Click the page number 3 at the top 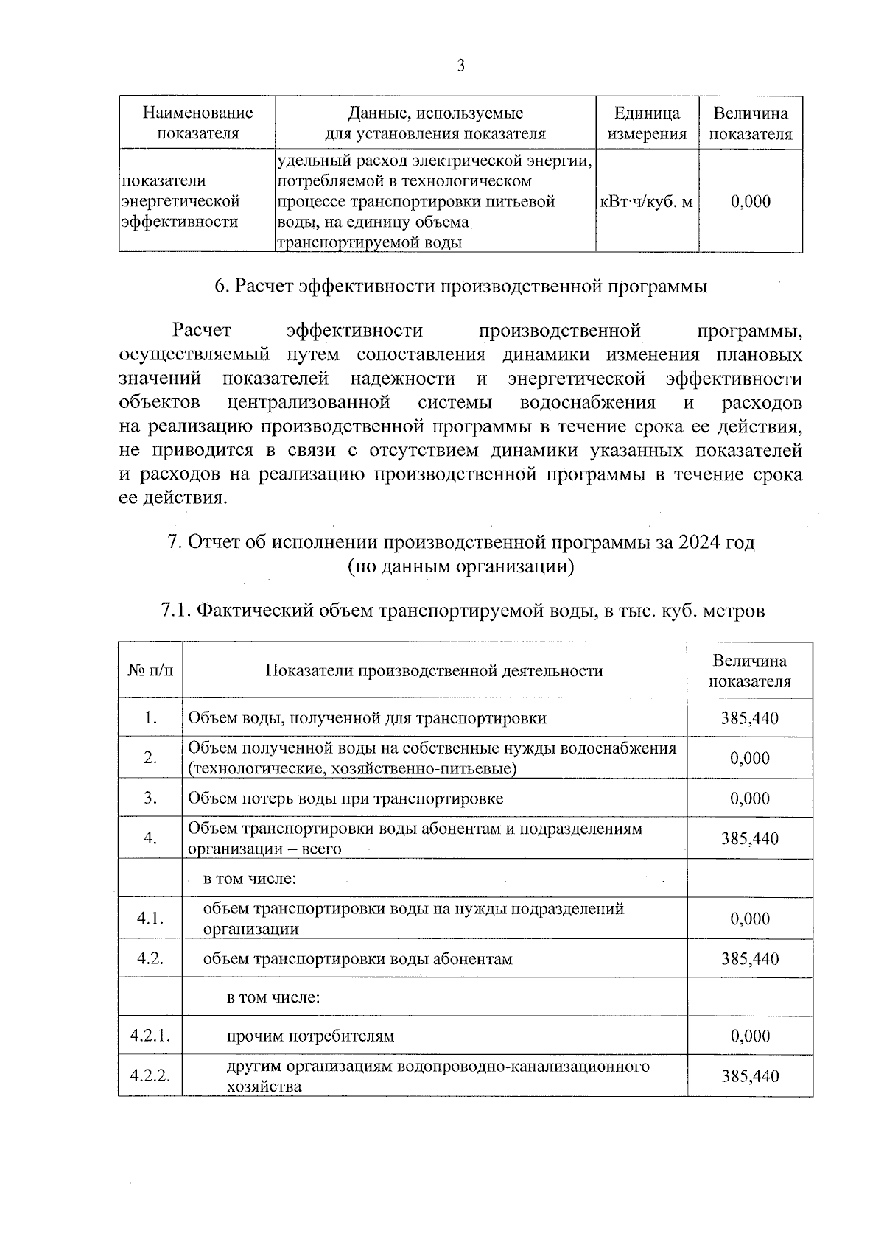coord(460,66)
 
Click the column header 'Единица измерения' coord(647,124)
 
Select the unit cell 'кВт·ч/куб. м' coord(647,201)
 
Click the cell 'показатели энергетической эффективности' coord(180,201)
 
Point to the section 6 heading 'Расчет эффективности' coord(460,287)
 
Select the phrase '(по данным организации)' coord(460,566)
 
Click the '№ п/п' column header coord(150,670)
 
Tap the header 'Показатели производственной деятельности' coord(434,670)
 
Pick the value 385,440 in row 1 coord(750,718)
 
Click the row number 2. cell coord(150,758)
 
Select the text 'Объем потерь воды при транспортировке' coord(346,798)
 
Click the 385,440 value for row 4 coord(750,839)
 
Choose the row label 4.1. coord(150,919)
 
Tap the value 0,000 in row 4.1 coord(750,919)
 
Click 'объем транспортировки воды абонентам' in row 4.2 coord(357,959)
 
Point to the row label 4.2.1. coord(150,1036)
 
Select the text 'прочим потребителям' coord(310,1036)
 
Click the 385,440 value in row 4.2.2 coord(750,1076)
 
